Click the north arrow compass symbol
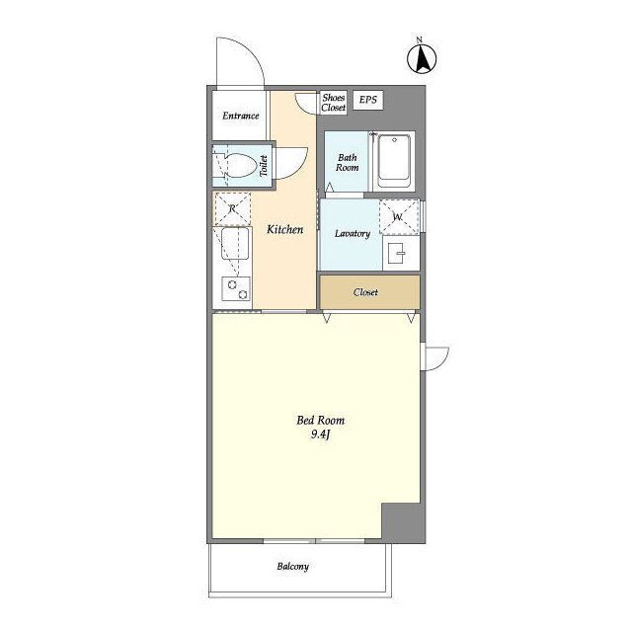[x=422, y=59]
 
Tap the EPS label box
[x=368, y=100]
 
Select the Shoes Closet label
[x=334, y=103]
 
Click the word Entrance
[x=241, y=117]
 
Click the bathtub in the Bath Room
[x=394, y=161]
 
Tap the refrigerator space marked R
[x=232, y=208]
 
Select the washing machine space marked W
[x=399, y=217]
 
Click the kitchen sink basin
[x=234, y=244]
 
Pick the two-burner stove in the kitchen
[x=237, y=289]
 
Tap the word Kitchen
[x=285, y=230]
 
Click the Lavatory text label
[x=353, y=233]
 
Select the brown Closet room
[x=370, y=292]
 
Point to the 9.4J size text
[x=320, y=434]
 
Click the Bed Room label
[x=320, y=421]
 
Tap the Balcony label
[x=293, y=566]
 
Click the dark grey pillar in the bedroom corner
[x=404, y=522]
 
